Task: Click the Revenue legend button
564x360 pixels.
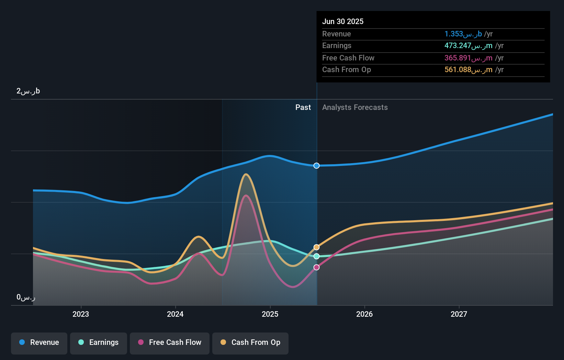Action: (39, 342)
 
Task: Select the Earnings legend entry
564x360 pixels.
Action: (99, 342)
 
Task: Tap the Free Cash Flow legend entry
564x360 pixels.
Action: (170, 342)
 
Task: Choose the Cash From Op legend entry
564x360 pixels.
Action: (250, 342)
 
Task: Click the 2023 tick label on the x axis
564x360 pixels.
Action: (81, 314)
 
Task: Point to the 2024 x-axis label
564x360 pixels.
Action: (175, 314)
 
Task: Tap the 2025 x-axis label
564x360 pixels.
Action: (270, 314)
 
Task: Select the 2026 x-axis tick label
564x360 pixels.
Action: (364, 314)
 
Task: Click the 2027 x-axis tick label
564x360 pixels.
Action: (459, 314)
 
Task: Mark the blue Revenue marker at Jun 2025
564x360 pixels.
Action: (317, 166)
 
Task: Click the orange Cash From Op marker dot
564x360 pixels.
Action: (317, 247)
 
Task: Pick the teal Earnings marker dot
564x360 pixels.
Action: (317, 256)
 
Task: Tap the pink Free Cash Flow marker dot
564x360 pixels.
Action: (317, 267)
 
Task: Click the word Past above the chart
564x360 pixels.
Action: (303, 108)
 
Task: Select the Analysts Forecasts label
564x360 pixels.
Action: (355, 108)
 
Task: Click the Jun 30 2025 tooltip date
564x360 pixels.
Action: (343, 22)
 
